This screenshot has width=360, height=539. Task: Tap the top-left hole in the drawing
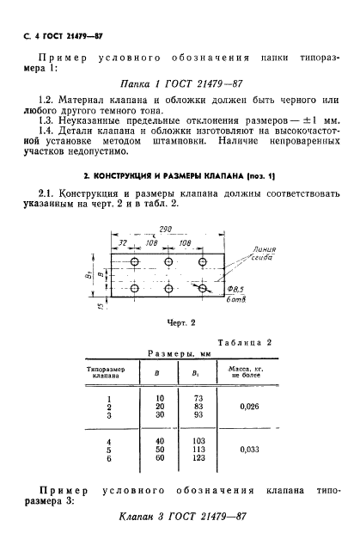click(x=134, y=260)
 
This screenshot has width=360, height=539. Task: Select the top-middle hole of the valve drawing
click(x=168, y=260)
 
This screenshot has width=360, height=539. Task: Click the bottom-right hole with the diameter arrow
click(x=202, y=290)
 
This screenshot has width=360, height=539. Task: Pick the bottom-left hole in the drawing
click(x=134, y=290)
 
